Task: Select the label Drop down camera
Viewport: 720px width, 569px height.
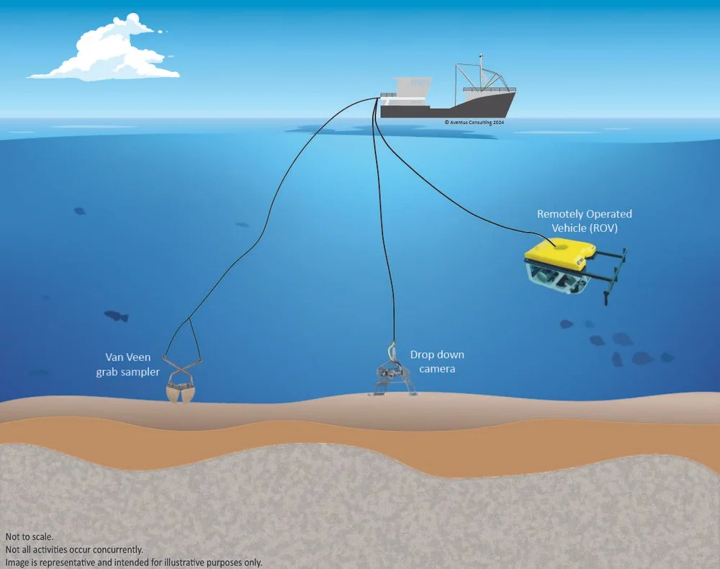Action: [x=437, y=362]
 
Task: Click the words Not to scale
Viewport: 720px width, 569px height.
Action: [x=29, y=537]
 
